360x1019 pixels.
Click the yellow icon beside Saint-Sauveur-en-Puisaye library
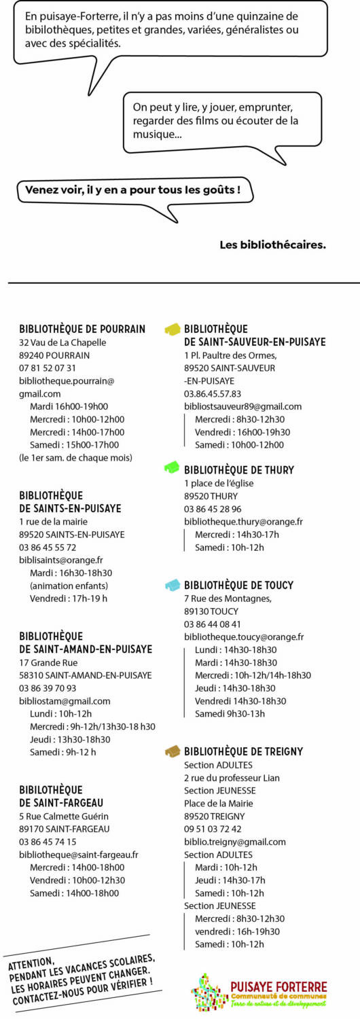coord(173,329)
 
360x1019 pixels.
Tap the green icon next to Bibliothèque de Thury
coord(173,467)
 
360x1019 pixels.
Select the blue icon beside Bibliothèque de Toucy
coord(173,585)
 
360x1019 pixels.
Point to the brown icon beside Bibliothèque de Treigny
coord(173,751)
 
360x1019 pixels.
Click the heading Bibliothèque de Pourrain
coord(82,329)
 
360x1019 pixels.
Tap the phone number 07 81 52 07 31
coord(48,368)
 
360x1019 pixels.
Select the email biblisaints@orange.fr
coord(61,560)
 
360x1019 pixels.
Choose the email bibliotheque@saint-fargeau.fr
coord(79,855)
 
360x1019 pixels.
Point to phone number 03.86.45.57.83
coord(213,393)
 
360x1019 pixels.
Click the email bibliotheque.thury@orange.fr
coord(243,522)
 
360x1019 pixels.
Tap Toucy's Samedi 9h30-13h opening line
coord(230,713)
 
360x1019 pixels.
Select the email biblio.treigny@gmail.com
coord(235,842)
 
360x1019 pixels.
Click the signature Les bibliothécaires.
coord(272,245)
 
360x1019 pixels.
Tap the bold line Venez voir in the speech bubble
coord(133,190)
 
